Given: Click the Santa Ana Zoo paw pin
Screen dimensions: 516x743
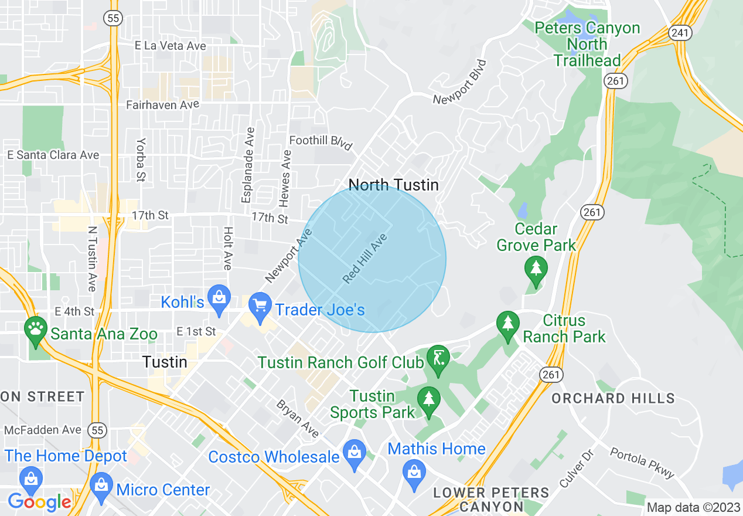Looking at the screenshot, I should pyautogui.click(x=36, y=328).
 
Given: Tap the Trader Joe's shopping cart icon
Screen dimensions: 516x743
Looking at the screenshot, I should pyautogui.click(x=259, y=305).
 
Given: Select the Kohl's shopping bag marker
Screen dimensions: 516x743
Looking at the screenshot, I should pyautogui.click(x=219, y=297).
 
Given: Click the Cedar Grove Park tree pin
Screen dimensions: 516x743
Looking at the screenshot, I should pyautogui.click(x=536, y=269).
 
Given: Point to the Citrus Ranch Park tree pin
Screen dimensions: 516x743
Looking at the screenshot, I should pyautogui.click(x=507, y=323).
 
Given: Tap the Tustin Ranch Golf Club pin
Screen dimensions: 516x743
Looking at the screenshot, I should pyautogui.click(x=438, y=358).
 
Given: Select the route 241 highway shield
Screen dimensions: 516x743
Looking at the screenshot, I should pyautogui.click(x=680, y=33).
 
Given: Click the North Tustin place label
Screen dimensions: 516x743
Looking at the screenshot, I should pyautogui.click(x=393, y=185).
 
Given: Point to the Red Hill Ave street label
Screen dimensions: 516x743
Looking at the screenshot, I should pyautogui.click(x=366, y=259).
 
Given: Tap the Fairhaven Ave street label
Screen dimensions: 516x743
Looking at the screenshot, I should pyautogui.click(x=163, y=105).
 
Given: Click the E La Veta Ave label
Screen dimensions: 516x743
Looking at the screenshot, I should pyautogui.click(x=171, y=46).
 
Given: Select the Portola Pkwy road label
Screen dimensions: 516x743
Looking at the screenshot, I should pyautogui.click(x=642, y=463).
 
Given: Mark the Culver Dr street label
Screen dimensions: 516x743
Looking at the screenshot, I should pyautogui.click(x=577, y=469).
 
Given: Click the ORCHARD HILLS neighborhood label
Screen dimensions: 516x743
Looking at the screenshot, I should pyautogui.click(x=613, y=399).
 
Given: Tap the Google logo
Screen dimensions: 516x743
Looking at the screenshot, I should pyautogui.click(x=39, y=502).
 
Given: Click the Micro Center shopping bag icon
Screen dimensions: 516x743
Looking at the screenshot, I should pyautogui.click(x=101, y=486).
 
